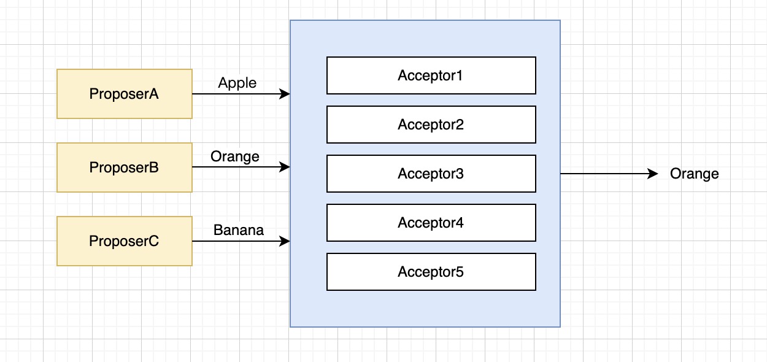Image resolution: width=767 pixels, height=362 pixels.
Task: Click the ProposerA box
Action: [125, 94]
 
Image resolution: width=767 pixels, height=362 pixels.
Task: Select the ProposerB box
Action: [125, 168]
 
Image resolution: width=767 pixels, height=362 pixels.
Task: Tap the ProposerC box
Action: [125, 241]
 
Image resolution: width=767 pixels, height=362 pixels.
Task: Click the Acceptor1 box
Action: [431, 75]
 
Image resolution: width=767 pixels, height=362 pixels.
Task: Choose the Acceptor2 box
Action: [431, 125]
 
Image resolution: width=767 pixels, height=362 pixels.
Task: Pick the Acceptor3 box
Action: [431, 174]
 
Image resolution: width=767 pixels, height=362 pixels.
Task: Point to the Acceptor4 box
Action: [431, 223]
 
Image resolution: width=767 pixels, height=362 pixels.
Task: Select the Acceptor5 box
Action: [431, 272]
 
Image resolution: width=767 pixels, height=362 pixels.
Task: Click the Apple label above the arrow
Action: [237, 83]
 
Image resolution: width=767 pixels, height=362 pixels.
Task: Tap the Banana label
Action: [239, 230]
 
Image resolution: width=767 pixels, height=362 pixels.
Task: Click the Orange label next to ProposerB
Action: [235, 157]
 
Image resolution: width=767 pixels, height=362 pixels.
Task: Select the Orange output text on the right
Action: [695, 174]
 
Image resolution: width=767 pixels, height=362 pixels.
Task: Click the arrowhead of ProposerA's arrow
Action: [285, 94]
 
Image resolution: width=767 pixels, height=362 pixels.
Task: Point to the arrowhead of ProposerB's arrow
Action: [285, 167]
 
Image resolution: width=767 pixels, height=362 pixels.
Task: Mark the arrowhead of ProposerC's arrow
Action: [285, 241]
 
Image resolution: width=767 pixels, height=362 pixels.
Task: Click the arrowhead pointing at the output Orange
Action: [653, 174]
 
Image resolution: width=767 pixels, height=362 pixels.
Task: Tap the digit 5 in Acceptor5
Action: [460, 272]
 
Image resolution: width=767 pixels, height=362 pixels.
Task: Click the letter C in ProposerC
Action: [153, 241]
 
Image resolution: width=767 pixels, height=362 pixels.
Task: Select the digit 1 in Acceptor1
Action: [459, 75]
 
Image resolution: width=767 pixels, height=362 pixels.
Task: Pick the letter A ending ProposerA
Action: [153, 94]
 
